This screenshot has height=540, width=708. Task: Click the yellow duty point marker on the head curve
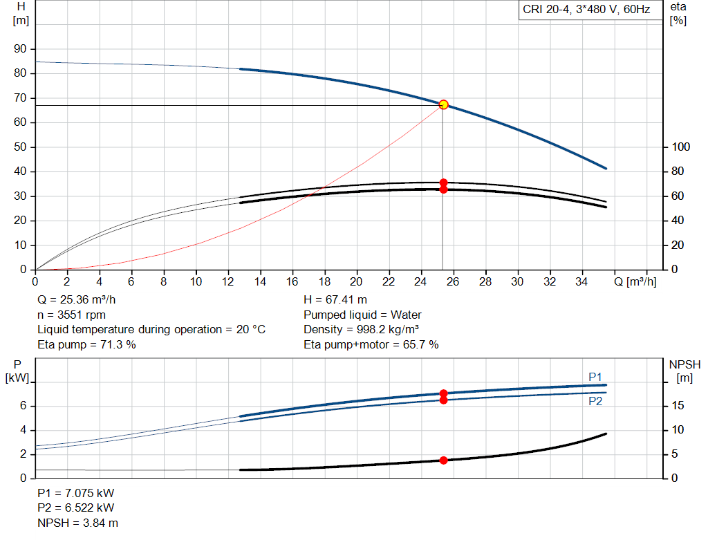pos(443,104)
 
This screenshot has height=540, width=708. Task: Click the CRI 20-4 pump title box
pos(587,10)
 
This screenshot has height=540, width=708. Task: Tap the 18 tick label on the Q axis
pos(324,281)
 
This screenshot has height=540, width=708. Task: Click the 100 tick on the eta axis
pos(680,147)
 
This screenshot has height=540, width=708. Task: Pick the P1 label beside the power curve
pos(595,376)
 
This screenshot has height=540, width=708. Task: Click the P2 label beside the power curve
pos(595,401)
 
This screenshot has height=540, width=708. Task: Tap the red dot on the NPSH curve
pos(443,460)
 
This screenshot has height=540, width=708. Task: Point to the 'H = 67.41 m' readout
pos(336,300)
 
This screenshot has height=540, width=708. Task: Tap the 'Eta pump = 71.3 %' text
pos(86,344)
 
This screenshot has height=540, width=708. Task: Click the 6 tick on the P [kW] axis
pos(23,406)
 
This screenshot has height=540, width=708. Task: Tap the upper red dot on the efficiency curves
pos(443,183)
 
